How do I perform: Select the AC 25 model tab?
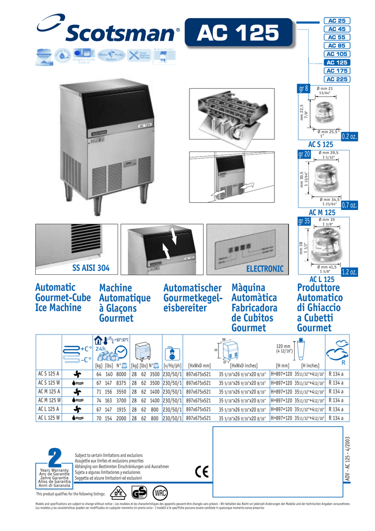click(337, 20)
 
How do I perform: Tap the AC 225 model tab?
click(337, 79)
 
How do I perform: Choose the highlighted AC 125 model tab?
click(337, 62)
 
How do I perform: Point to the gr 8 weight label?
click(304, 89)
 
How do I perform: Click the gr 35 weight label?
click(304, 221)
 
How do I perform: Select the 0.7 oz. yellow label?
click(350, 206)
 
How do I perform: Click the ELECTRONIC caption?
click(265, 268)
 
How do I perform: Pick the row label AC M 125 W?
click(49, 400)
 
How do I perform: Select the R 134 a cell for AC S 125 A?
click(339, 373)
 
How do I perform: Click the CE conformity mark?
click(202, 471)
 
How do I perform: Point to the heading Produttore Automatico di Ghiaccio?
click(320, 308)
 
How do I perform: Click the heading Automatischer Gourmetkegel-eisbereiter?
click(192, 298)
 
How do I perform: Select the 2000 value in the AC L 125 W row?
click(122, 418)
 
